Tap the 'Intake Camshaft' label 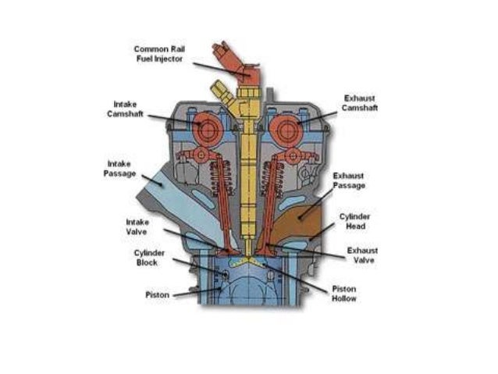[x=124, y=109]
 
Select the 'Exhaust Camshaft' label [x=361, y=103]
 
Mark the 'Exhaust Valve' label [x=362, y=255]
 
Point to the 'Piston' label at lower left [x=157, y=295]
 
